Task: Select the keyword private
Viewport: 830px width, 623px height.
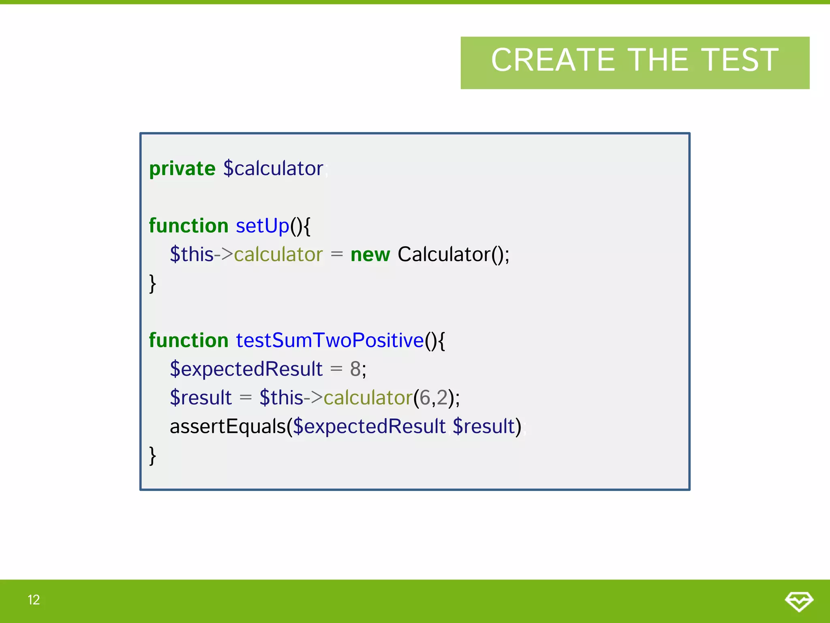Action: point(182,168)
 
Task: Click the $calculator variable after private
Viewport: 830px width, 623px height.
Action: point(273,168)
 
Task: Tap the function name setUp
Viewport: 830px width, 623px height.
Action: point(262,226)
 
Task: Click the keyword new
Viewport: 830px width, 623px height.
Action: point(370,255)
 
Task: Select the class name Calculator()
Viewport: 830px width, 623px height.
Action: point(453,255)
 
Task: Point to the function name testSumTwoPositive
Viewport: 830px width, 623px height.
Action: point(329,340)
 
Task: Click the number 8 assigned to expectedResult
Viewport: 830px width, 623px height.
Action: point(355,369)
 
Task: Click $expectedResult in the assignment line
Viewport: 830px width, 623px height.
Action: point(246,369)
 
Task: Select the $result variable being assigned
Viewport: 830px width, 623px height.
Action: point(201,397)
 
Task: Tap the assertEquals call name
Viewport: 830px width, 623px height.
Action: point(228,427)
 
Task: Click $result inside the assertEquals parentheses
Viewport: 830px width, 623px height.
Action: point(486,427)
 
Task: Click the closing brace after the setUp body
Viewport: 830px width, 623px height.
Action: point(152,283)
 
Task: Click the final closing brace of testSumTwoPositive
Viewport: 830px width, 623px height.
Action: point(152,455)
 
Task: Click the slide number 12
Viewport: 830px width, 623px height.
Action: point(34,600)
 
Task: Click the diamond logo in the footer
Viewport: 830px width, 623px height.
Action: point(798,601)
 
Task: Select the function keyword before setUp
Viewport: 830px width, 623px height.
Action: point(188,226)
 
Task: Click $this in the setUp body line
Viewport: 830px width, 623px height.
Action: point(191,255)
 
